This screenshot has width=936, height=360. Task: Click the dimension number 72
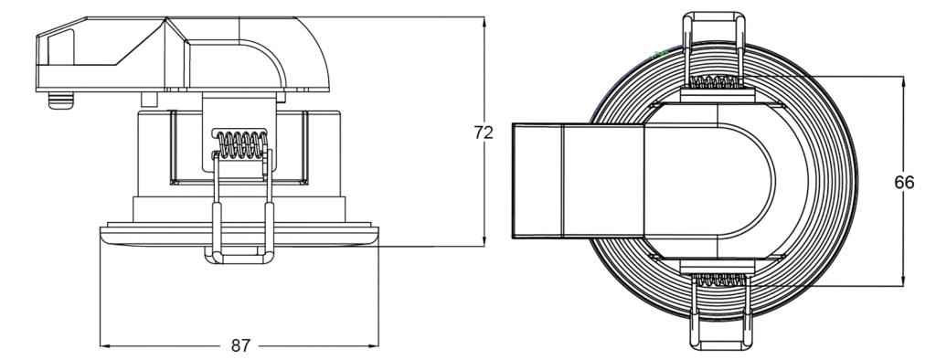coord(484,133)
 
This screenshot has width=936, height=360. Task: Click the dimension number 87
coord(240,345)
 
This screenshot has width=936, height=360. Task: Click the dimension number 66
coord(904,182)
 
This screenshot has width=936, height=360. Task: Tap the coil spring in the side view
coord(241,145)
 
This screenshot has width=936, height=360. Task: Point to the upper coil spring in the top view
coord(717,82)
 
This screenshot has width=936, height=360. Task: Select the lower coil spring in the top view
coord(718,280)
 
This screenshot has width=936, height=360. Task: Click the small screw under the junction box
coord(60,101)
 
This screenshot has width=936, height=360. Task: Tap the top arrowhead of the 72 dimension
coord(484,23)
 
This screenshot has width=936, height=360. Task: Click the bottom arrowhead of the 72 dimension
coord(484,240)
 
